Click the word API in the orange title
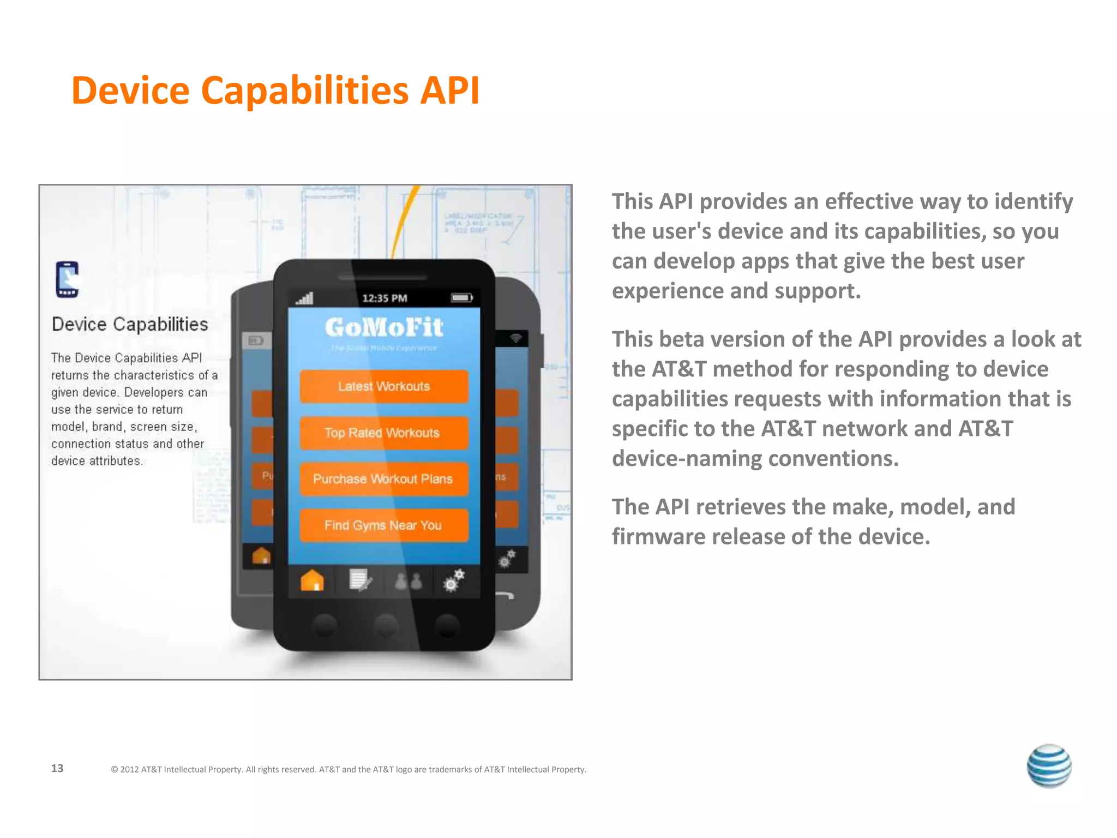[449, 91]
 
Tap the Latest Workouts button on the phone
[384, 387]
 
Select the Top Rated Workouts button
[383, 433]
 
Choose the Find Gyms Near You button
[383, 525]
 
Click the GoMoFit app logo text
[384, 327]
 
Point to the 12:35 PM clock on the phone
[385, 298]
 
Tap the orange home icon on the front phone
[312, 580]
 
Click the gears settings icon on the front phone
[454, 580]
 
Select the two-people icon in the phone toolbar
[408, 582]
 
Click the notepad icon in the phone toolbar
[360, 580]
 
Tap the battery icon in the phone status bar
[461, 298]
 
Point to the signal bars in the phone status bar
[305, 298]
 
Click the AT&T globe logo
[1049, 765]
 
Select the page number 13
[57, 768]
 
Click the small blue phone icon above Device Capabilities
[68, 279]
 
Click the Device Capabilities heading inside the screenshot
[130, 325]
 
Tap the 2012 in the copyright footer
[129, 770]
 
